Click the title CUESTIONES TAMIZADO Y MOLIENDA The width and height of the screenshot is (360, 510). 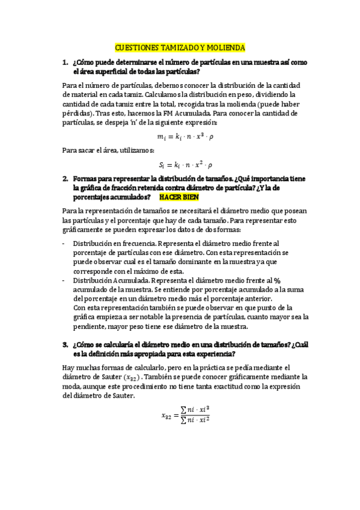click(x=180, y=47)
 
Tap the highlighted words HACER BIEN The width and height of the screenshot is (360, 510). click(x=178, y=197)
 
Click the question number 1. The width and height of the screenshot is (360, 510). click(x=65, y=62)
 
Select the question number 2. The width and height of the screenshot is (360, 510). click(x=65, y=179)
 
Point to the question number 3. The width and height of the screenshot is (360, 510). click(x=65, y=345)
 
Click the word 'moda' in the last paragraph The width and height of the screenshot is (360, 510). click(x=72, y=387)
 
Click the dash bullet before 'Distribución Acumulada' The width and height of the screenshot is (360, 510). click(x=64, y=280)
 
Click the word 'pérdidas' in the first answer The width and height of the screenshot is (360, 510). click(x=77, y=112)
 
